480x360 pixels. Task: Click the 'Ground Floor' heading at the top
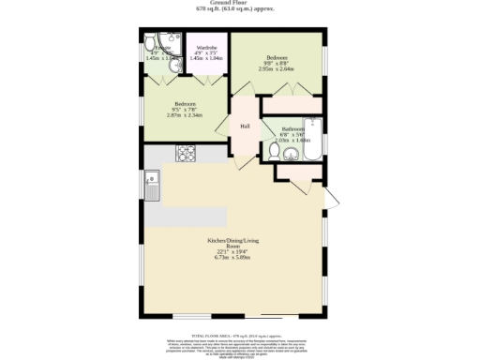(x=241, y=3)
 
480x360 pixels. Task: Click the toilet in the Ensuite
(x=150, y=42)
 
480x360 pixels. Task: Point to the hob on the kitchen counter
(x=185, y=153)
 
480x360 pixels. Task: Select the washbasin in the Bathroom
(x=291, y=154)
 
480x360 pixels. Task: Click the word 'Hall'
(x=245, y=126)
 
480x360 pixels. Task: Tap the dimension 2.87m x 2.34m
(x=184, y=115)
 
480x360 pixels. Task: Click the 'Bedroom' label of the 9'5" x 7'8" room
(x=184, y=103)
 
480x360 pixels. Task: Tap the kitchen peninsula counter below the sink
(x=178, y=217)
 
